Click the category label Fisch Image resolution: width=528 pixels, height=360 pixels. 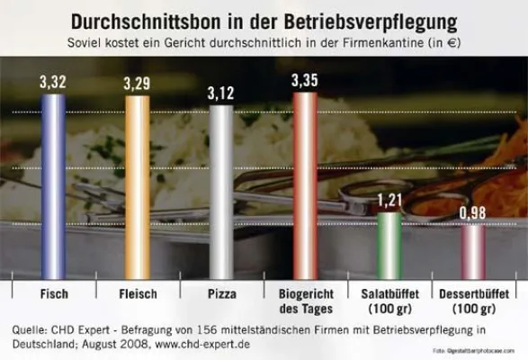(x=54, y=293)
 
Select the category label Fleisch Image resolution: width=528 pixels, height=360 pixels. (x=139, y=293)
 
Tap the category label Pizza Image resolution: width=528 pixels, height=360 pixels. (x=221, y=293)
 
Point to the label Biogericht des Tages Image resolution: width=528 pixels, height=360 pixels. (x=306, y=301)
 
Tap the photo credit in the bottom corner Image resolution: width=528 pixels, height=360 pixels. (x=479, y=350)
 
